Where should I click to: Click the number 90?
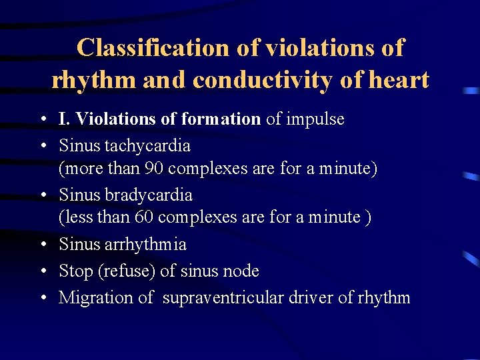click(x=154, y=169)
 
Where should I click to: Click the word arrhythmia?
click(x=145, y=245)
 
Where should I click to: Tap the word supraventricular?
click(x=225, y=297)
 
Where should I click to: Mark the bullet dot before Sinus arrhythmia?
click(x=42, y=245)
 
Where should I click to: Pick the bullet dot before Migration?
click(x=42, y=298)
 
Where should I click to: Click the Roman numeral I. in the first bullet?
click(x=65, y=119)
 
